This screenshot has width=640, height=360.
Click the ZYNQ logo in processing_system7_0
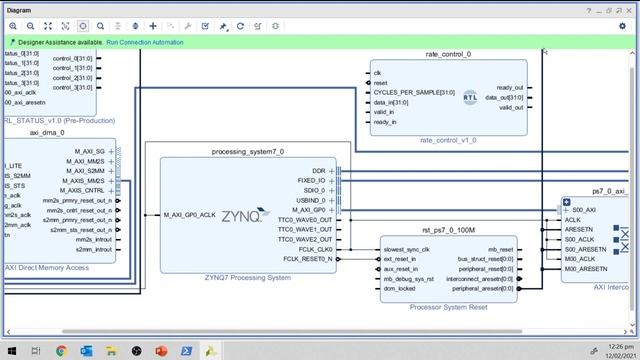click(x=242, y=215)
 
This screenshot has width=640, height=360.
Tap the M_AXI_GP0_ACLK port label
click(x=190, y=215)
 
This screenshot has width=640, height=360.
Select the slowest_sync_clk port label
click(x=406, y=249)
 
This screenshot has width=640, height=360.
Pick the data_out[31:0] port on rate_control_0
click(x=504, y=98)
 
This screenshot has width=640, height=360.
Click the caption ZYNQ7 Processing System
click(x=247, y=277)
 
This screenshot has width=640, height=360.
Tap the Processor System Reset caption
click(x=447, y=307)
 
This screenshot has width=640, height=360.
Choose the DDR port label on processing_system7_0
click(x=319, y=171)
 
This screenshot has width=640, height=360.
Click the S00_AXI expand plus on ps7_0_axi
click(x=567, y=210)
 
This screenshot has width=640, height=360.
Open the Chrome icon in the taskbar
click(x=61, y=351)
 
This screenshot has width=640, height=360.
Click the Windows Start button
click(x=11, y=351)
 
